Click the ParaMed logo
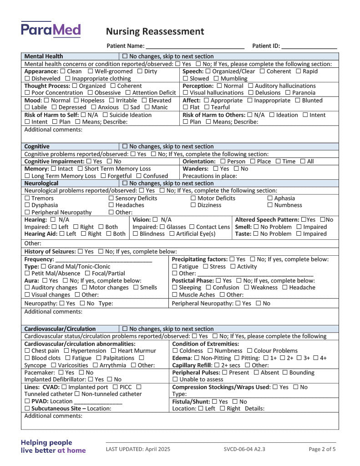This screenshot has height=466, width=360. [51, 30]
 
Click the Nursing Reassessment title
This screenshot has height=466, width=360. [155, 31]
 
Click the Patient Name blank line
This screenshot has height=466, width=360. [195, 46]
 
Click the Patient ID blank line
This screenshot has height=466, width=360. [309, 46]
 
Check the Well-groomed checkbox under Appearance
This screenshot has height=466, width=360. [91, 71]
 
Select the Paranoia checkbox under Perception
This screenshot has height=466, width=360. [288, 93]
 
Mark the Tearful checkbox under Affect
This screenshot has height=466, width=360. [207, 107]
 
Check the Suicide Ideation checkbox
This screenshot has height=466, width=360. [106, 115]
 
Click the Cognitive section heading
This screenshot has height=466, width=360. [37, 147]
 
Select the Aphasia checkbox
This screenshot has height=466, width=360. [270, 198]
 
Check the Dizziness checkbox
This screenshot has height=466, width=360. [193, 205]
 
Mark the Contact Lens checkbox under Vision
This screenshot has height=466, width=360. [192, 227]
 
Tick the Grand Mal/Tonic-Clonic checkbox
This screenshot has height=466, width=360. [44, 267]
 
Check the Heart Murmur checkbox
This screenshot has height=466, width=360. [113, 351]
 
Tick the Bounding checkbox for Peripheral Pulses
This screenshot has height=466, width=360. [285, 373]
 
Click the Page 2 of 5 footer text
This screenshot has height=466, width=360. [322, 449]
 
